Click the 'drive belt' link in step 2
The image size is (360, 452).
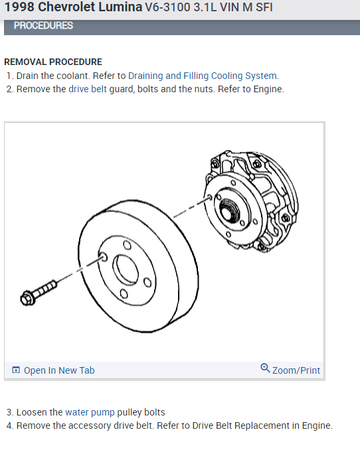coord(88,89)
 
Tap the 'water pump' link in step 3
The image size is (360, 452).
coord(90,412)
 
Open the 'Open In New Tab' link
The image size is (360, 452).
coord(59,370)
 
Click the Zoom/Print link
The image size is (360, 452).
coord(296,370)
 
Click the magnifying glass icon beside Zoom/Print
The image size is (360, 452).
coord(265,368)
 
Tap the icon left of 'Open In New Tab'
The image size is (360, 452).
coord(16,370)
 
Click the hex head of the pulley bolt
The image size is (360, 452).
coord(27,299)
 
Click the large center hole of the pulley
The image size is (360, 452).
coord(125,269)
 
